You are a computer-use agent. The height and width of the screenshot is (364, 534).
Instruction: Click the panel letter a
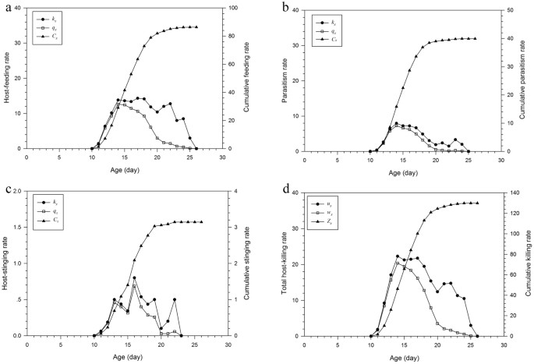click(x=6, y=7)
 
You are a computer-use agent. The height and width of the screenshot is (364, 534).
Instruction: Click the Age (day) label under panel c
click(x=125, y=356)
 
